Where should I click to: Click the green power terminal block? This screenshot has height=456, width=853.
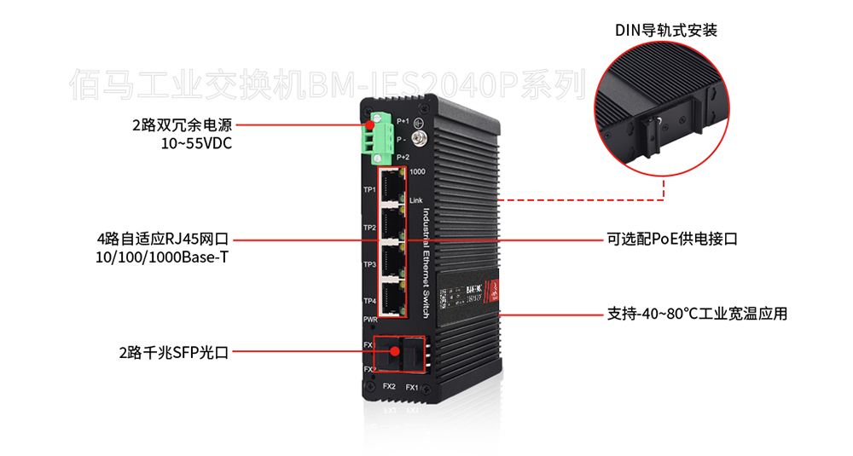pyautogui.click(x=380, y=136)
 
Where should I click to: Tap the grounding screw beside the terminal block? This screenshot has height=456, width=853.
pyautogui.click(x=419, y=137)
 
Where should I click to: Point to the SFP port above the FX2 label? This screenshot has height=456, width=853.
pyautogui.click(x=391, y=354)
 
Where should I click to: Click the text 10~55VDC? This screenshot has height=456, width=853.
pyautogui.click(x=196, y=143)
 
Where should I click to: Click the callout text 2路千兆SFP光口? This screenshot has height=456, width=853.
pyautogui.click(x=174, y=350)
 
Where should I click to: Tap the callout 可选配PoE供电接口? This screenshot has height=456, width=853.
pyautogui.click(x=671, y=240)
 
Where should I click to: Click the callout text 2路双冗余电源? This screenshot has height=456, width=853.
pyautogui.click(x=182, y=124)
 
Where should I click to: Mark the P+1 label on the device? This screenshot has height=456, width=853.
pyautogui.click(x=403, y=123)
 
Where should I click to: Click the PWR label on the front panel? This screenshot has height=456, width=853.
pyautogui.click(x=369, y=319)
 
